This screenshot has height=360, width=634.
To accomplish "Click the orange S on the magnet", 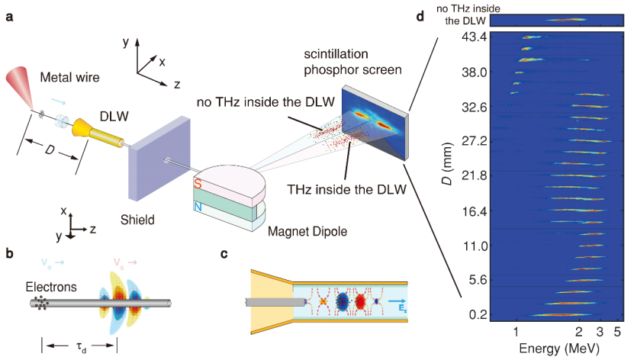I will point(198,185).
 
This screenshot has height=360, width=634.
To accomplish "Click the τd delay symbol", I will point(79,344).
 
